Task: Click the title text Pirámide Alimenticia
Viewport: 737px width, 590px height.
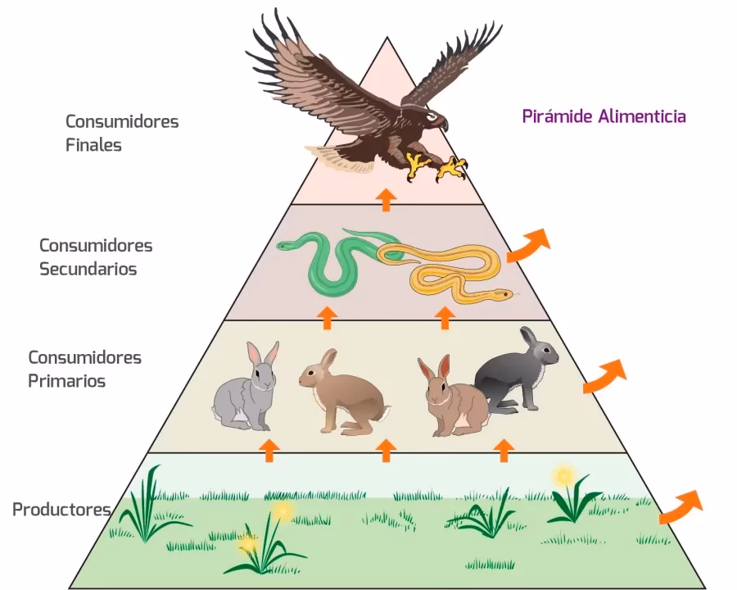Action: (604, 116)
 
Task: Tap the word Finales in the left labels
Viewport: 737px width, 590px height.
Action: (93, 145)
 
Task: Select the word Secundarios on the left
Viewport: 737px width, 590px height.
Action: (88, 268)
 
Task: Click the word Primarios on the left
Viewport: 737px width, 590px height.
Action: (66, 381)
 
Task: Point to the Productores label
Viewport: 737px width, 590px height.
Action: (61, 510)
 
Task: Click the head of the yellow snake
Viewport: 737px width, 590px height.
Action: (501, 293)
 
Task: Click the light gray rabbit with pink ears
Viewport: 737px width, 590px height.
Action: (246, 388)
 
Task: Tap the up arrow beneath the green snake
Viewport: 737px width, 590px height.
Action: (328, 317)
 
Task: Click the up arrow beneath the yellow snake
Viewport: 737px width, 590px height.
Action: (445, 317)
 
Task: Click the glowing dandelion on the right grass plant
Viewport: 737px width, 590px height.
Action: (563, 474)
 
